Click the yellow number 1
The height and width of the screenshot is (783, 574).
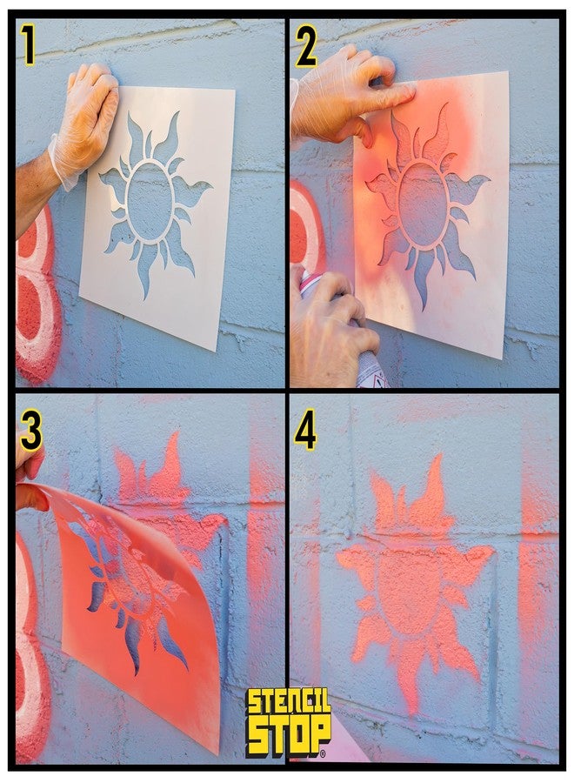pos(28,46)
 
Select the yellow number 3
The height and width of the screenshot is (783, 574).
pos(30,432)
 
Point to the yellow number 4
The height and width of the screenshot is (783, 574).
pos(305,432)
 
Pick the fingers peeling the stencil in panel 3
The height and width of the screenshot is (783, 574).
pos(28,483)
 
